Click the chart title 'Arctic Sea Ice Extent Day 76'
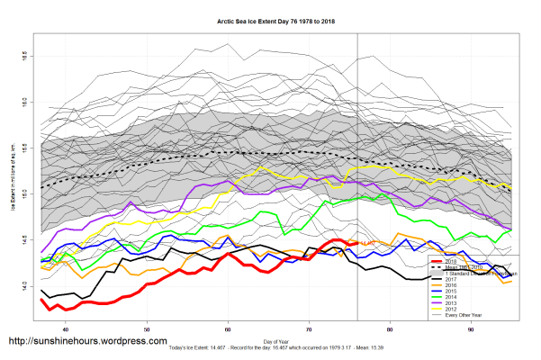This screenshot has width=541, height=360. pos(270,19)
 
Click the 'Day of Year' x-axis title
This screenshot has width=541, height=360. pos(276,340)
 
